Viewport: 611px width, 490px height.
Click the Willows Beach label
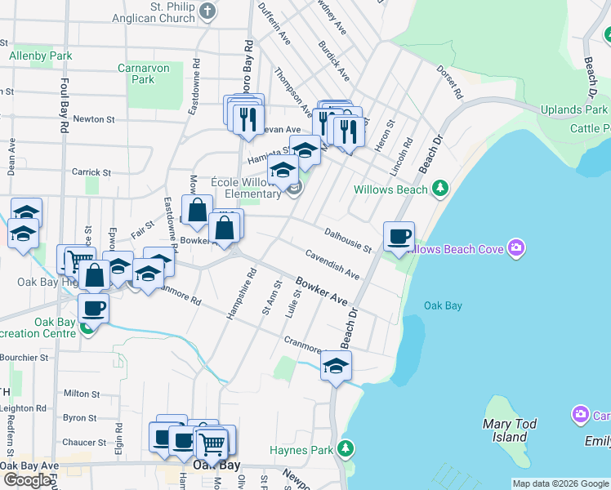(x=390, y=189)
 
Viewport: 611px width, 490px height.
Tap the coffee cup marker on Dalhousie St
(x=399, y=237)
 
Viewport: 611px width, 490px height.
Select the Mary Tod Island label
(x=509, y=430)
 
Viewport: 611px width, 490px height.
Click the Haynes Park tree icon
(x=346, y=449)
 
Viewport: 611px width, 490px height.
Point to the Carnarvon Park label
(x=143, y=74)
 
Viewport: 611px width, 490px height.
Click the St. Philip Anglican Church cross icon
(x=208, y=11)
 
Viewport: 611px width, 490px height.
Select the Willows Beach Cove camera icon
(x=515, y=247)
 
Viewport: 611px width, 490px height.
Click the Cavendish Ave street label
(x=332, y=263)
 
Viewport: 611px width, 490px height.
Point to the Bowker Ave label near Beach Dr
(x=321, y=290)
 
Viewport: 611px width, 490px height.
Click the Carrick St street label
(x=91, y=172)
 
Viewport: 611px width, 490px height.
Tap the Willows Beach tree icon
(x=441, y=189)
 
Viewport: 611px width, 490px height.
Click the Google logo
(x=27, y=480)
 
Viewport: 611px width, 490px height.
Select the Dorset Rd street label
(x=449, y=83)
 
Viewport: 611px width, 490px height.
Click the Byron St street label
(x=80, y=417)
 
